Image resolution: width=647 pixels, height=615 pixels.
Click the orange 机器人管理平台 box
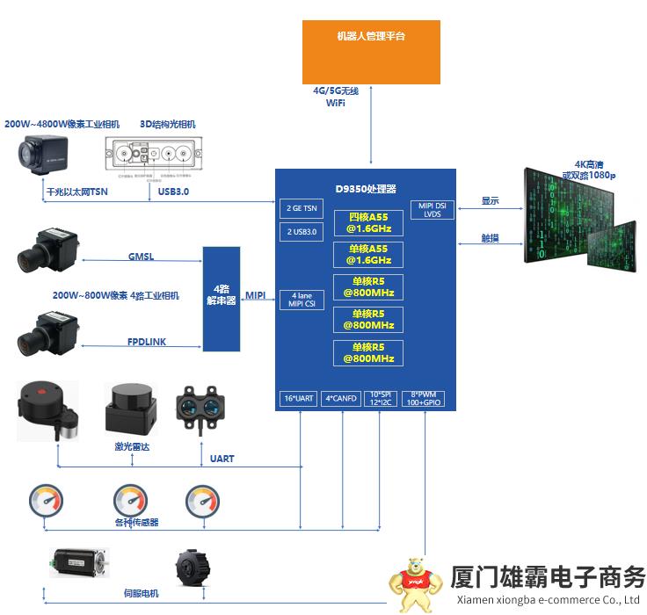point(370,51)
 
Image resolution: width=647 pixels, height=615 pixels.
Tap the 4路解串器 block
point(221,299)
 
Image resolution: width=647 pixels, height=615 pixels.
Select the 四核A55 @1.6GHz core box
point(368,222)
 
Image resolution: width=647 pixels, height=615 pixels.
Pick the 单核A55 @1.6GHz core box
point(368,255)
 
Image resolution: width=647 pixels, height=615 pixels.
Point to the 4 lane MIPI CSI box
point(301,300)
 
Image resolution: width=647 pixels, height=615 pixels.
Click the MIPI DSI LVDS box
point(432,210)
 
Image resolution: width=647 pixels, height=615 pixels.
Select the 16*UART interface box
point(298,398)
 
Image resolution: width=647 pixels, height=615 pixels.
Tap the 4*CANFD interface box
point(341,398)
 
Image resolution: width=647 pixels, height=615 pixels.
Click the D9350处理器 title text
point(366,188)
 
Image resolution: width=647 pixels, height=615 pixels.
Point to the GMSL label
point(141,257)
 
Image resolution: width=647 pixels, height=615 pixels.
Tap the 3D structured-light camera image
point(154,156)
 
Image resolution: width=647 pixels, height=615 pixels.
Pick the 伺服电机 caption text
point(141,593)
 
